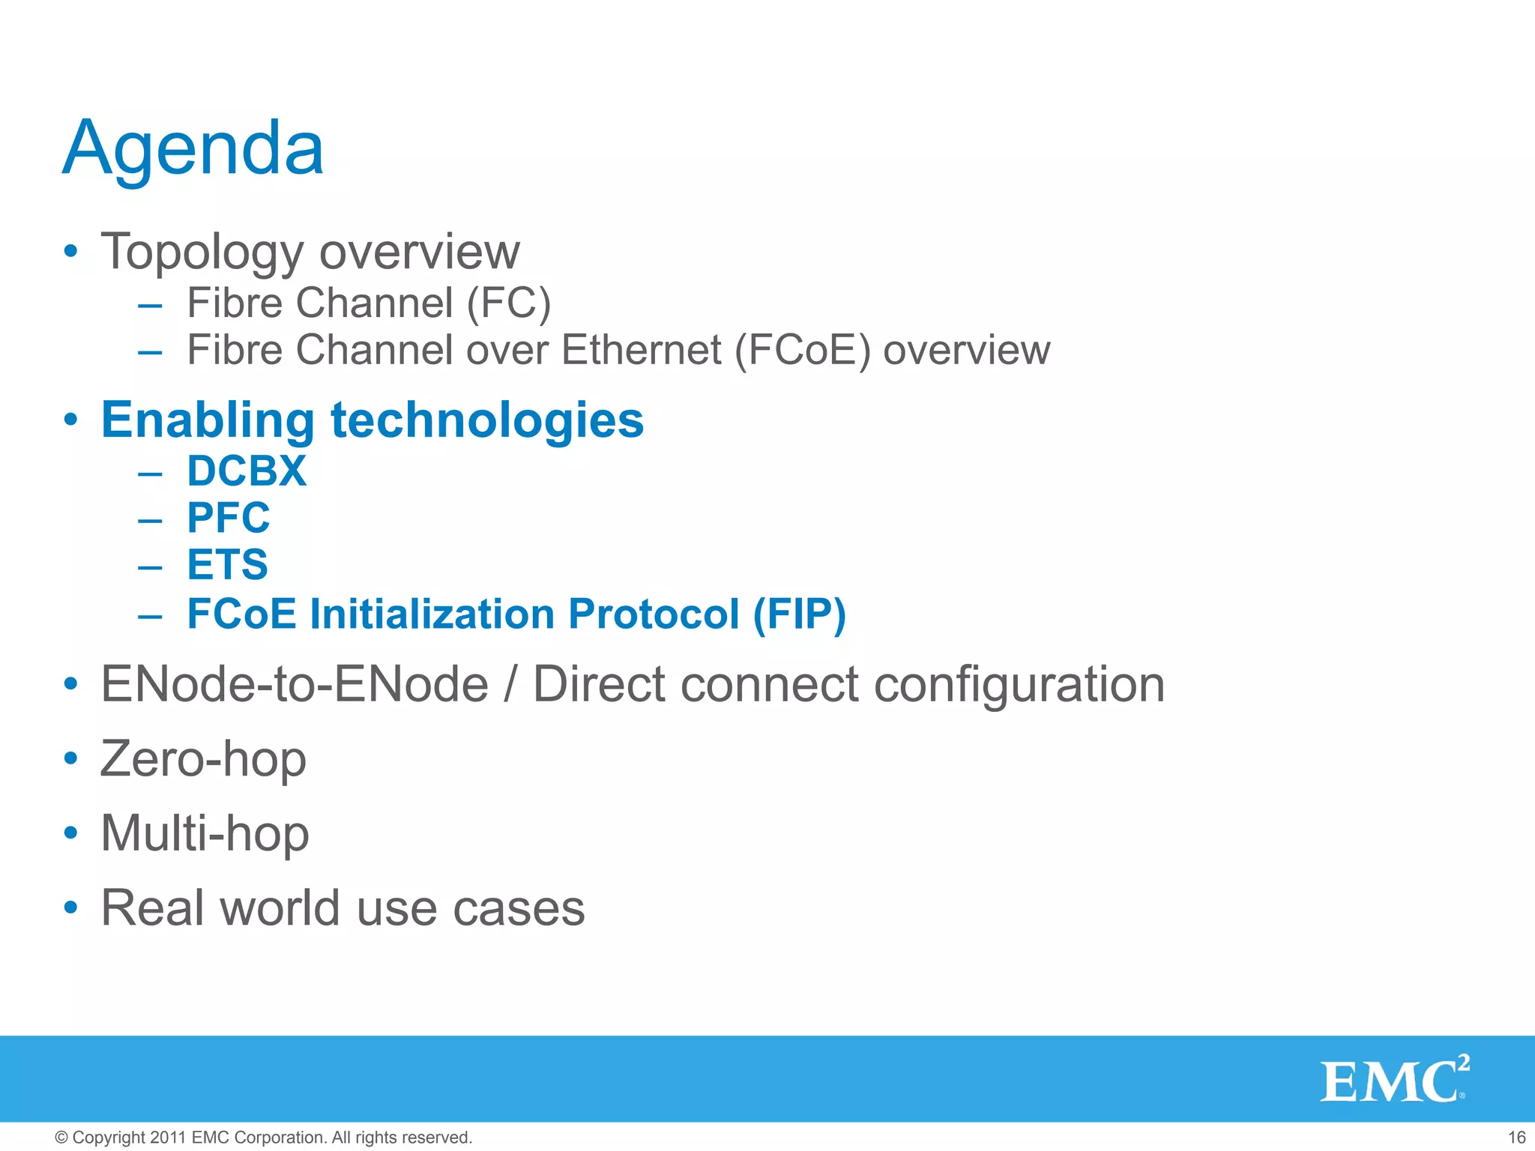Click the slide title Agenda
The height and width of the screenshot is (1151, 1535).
point(193,149)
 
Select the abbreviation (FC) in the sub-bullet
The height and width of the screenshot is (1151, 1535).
point(509,303)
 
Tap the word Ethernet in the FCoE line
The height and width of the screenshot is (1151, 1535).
point(641,350)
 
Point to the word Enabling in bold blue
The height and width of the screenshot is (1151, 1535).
point(208,420)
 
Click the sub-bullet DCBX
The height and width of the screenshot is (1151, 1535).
point(247,471)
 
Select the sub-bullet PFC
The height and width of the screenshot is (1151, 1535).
point(229,518)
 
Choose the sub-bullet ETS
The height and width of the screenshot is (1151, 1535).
point(227,565)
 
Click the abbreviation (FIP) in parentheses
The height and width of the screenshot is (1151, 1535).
point(799,614)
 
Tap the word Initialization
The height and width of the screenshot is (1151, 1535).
point(432,614)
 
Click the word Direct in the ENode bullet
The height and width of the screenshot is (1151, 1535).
point(599,684)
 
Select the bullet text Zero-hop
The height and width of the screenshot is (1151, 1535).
point(203,759)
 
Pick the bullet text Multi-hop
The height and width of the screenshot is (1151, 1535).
point(205,833)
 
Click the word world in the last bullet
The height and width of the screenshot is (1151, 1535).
point(280,908)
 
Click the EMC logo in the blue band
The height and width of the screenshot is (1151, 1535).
point(1393,1080)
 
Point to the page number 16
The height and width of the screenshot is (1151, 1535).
point(1516,1138)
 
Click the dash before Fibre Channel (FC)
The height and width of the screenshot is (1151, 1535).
point(150,305)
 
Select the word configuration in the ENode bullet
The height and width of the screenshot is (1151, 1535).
point(1019,684)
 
